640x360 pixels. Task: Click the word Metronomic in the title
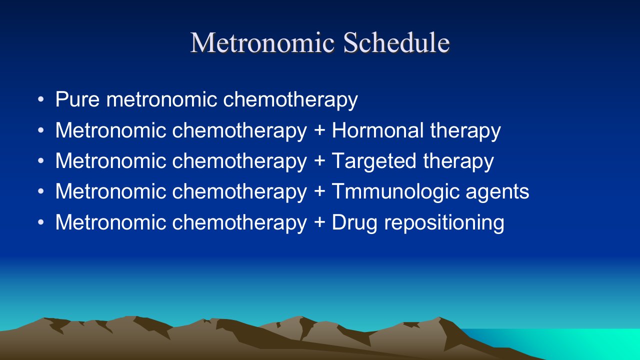pyautogui.click(x=262, y=43)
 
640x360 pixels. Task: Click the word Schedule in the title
pyautogui.click(x=396, y=42)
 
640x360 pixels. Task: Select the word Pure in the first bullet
pyautogui.click(x=77, y=99)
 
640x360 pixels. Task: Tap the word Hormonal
pyautogui.click(x=377, y=130)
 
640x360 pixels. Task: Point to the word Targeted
pyautogui.click(x=373, y=161)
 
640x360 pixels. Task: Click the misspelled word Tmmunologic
pyautogui.click(x=395, y=192)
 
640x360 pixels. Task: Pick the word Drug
pyautogui.click(x=354, y=223)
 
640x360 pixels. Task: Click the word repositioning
pyautogui.click(x=444, y=223)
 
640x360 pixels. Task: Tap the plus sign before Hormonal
pyautogui.click(x=319, y=131)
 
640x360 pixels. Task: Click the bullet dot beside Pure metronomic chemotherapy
pyautogui.click(x=41, y=99)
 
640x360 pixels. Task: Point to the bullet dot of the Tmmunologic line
pyautogui.click(x=41, y=191)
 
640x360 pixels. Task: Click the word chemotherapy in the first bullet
pyautogui.click(x=290, y=100)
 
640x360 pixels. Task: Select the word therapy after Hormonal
pyautogui.click(x=465, y=131)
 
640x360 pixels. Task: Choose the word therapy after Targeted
pyautogui.click(x=458, y=161)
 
